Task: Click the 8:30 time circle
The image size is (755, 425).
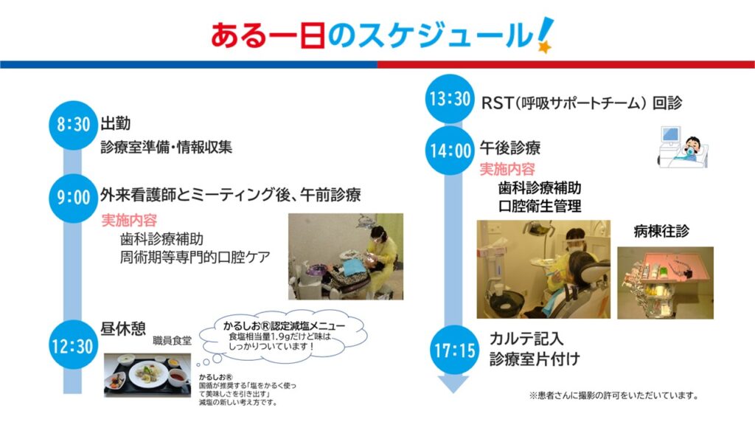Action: tap(73, 125)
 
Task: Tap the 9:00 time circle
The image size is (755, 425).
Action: tap(73, 198)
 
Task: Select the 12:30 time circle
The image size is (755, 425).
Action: tap(73, 345)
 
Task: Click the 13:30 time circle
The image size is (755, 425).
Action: tap(450, 99)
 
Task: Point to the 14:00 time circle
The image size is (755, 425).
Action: tap(450, 151)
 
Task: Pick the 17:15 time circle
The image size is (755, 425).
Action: tap(454, 350)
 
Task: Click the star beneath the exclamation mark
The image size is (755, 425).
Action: tap(545, 46)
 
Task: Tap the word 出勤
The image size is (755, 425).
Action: tap(116, 123)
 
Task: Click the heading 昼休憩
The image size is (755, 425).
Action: tap(123, 328)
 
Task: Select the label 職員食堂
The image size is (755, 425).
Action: tap(172, 341)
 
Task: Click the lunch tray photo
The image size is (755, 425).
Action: tap(147, 376)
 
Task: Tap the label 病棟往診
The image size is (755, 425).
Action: tap(661, 231)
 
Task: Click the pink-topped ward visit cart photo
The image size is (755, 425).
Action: tap(666, 283)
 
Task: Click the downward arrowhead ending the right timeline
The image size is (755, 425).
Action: tap(453, 384)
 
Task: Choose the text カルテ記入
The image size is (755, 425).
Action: tap(526, 339)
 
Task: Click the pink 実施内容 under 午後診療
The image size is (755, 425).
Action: tap(507, 169)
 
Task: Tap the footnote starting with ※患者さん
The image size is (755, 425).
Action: tap(614, 395)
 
